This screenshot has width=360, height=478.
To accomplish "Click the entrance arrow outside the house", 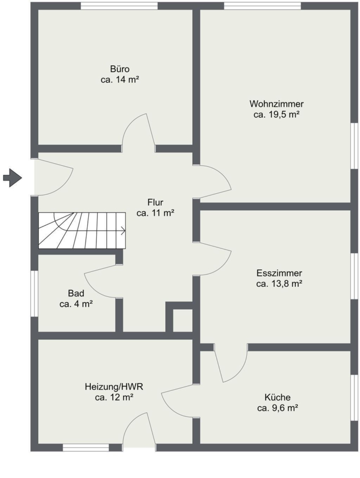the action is coord(13,177).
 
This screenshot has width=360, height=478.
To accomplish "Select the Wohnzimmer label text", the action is coord(277,104).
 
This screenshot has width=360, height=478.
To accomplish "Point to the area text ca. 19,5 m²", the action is coord(276,115).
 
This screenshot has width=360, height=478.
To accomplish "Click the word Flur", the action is coord(155,202).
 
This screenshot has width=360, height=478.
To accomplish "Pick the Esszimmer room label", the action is coord(279,273).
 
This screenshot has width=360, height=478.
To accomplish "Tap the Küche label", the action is coord(277,397).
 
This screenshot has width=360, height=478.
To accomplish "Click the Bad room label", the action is coord(76,293).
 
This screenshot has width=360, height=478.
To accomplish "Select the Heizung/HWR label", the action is coord(114,387).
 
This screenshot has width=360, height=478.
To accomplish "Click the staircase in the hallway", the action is coord(82,231).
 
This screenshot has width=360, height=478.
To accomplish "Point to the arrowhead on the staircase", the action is coord(124,231).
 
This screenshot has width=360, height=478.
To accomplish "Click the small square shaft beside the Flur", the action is coord(183,320).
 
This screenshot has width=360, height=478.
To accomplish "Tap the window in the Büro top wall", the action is coord(119,6).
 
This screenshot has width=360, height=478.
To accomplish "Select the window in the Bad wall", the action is coord(34,294).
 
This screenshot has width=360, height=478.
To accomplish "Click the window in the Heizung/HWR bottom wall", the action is coord(85,448).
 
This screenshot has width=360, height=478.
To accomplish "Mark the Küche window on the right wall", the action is coord(354,398).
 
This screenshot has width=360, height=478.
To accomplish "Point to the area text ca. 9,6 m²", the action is coord(277,408).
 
